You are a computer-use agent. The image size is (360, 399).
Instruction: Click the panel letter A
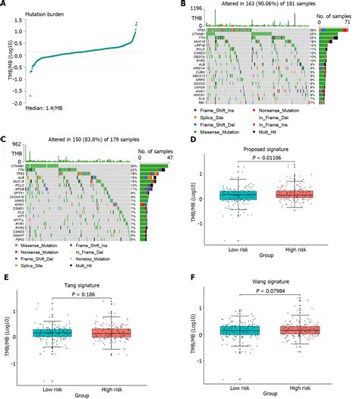tap(4, 5)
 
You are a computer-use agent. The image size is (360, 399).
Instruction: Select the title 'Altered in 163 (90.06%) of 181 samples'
tap(254, 5)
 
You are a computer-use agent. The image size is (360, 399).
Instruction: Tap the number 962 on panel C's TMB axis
tap(14, 147)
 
